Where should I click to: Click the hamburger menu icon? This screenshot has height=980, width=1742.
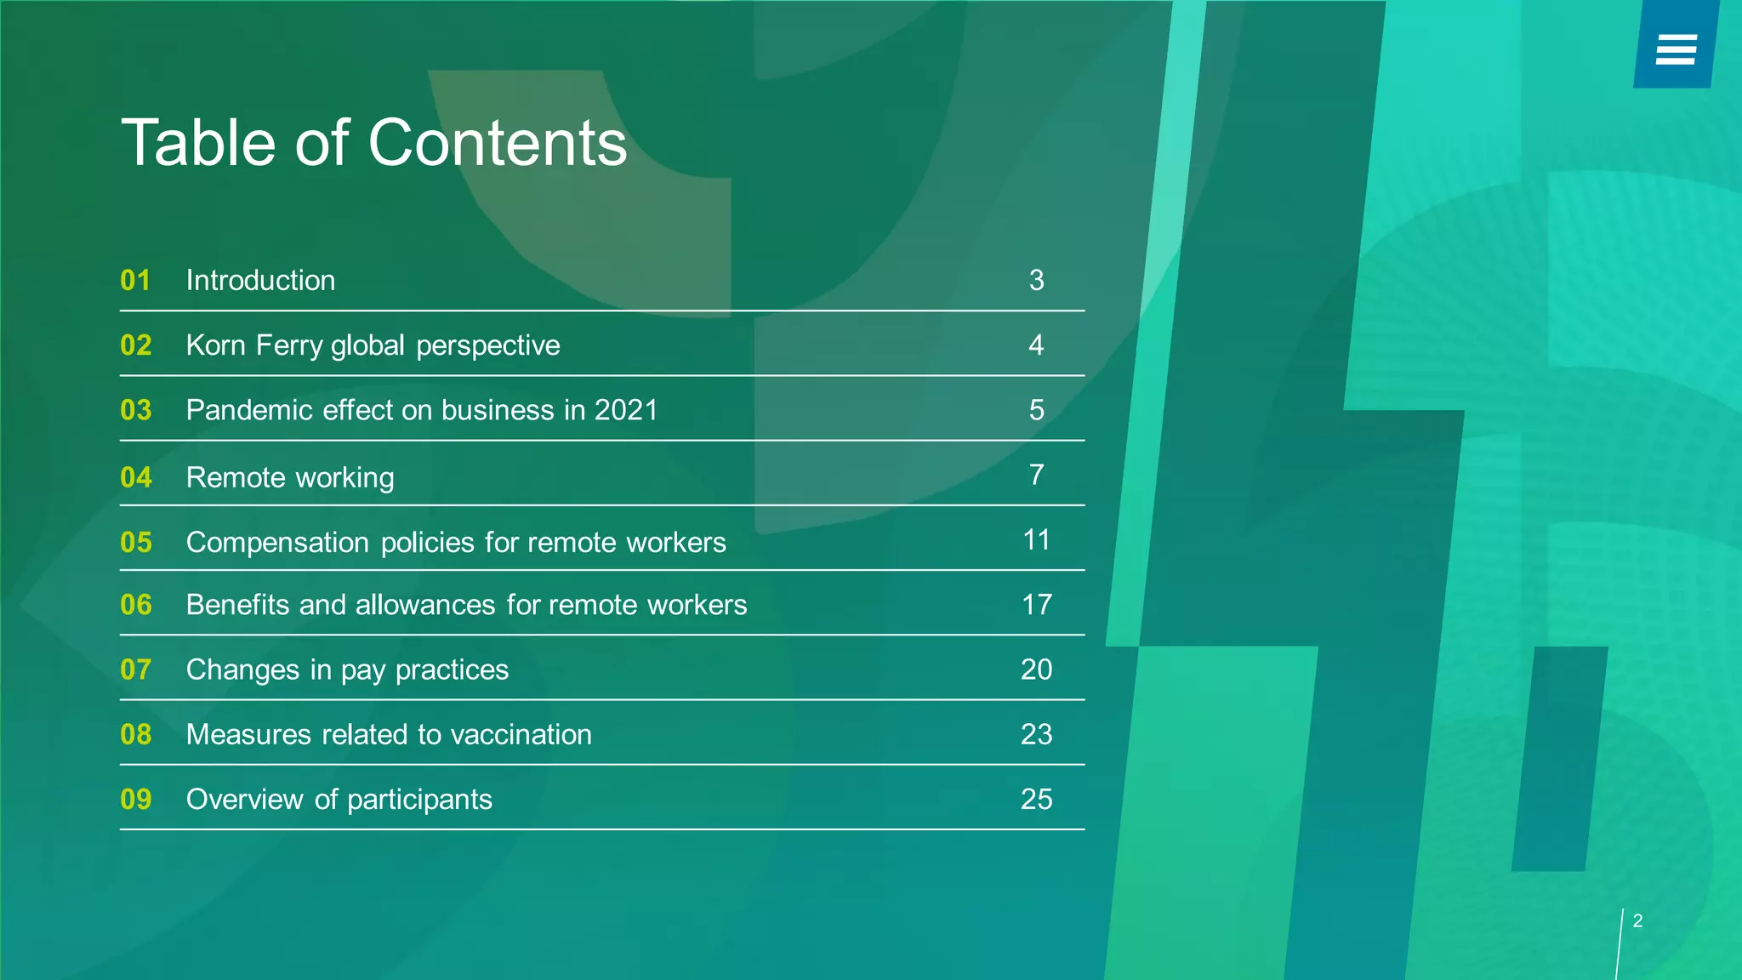click(1676, 49)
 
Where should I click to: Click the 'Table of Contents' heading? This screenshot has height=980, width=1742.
click(374, 142)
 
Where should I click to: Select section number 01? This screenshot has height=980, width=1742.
click(135, 280)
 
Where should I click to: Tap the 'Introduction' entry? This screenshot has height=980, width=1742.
click(260, 280)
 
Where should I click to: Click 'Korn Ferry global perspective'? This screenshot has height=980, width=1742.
click(373, 345)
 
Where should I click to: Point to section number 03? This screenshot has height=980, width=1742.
click(135, 410)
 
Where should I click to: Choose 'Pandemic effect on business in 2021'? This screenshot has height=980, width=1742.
click(422, 410)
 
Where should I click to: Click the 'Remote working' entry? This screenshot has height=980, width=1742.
click(290, 477)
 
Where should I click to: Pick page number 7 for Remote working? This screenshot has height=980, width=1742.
click(1036, 475)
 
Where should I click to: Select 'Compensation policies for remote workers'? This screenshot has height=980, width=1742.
click(456, 542)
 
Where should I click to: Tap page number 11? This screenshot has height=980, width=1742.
click(1036, 539)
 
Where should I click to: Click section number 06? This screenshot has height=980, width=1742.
click(135, 605)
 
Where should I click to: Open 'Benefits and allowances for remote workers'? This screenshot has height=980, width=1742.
click(466, 605)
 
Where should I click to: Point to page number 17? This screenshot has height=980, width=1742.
click(1036, 605)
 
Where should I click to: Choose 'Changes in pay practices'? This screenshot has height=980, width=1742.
click(347, 669)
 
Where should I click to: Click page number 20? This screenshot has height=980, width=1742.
click(1036, 669)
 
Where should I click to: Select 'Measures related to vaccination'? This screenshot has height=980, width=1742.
click(389, 734)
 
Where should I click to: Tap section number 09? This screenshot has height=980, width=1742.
click(135, 799)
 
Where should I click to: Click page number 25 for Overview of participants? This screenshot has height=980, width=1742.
click(1036, 799)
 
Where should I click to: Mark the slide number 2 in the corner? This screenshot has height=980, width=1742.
click(1637, 920)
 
